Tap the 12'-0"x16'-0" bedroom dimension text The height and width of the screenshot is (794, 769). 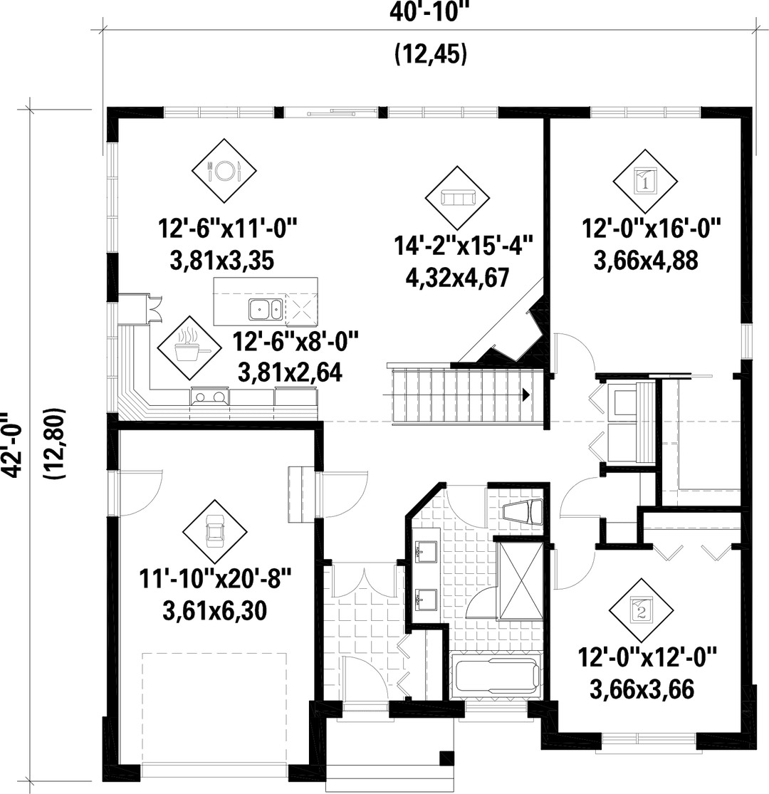(652, 229)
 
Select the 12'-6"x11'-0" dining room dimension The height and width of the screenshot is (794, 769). (226, 230)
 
